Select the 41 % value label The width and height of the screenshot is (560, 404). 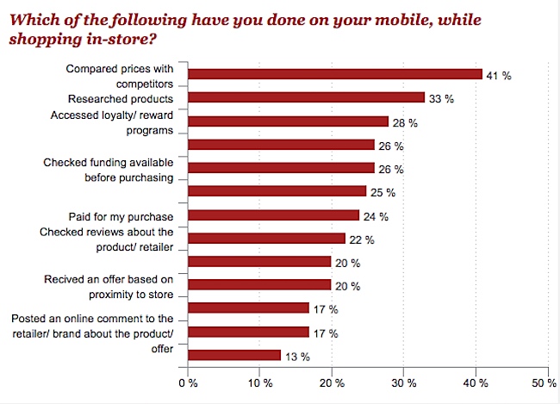(500, 75)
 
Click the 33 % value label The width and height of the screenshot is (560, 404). (442, 98)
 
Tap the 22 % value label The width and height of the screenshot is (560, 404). (363, 238)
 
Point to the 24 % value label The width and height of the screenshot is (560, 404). (376, 214)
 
